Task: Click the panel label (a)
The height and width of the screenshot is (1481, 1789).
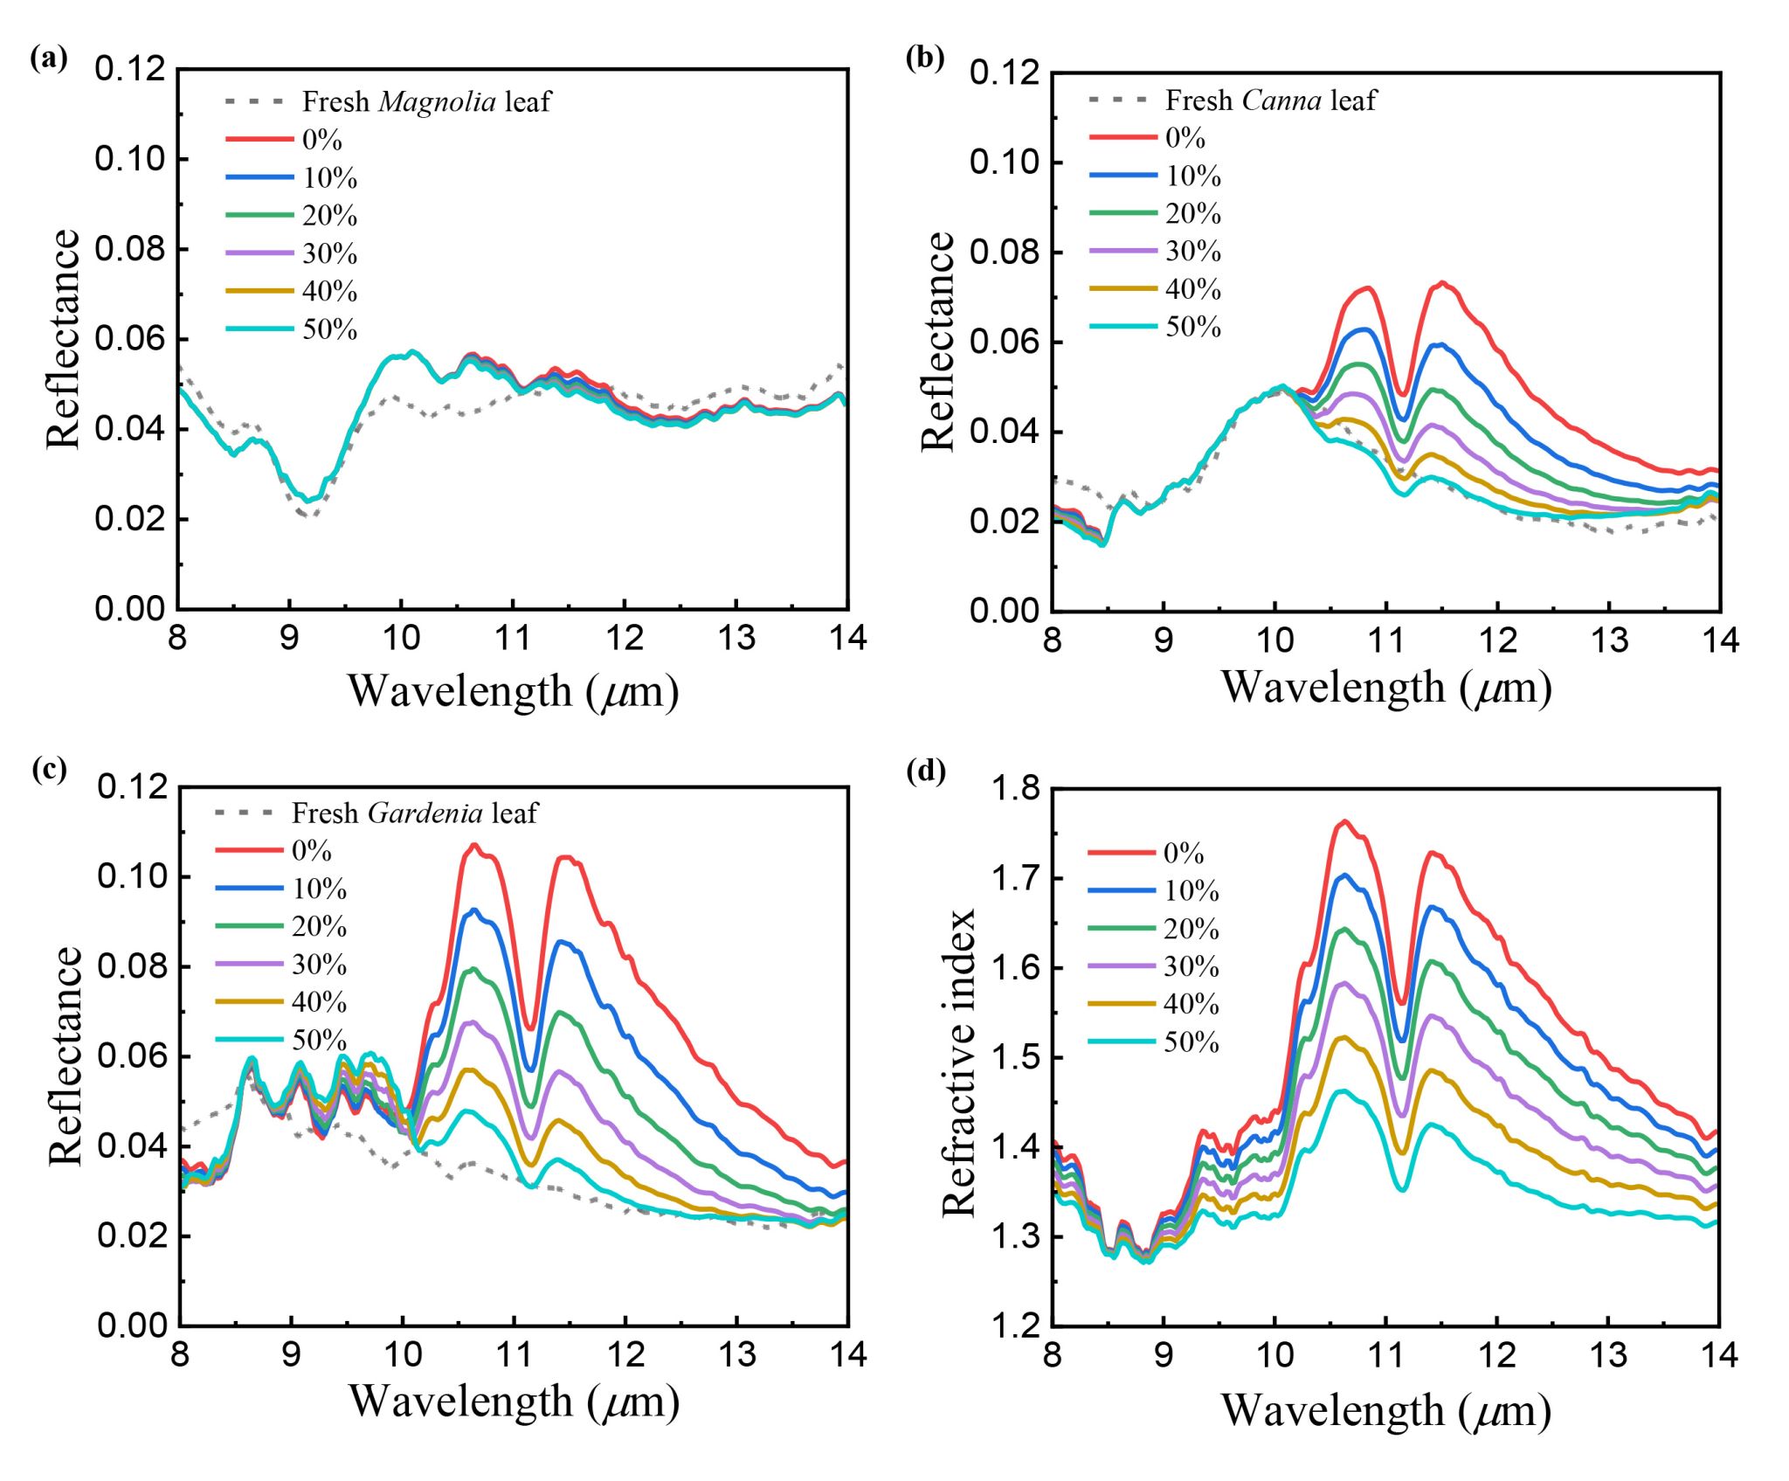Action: tap(48, 59)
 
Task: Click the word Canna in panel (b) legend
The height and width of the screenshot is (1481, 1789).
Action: tap(1281, 100)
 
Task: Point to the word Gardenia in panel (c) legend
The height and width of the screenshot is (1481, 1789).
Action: tap(425, 813)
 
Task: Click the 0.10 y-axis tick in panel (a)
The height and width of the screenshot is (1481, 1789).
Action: tap(129, 159)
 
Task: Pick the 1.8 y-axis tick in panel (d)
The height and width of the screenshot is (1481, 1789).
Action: tap(1015, 788)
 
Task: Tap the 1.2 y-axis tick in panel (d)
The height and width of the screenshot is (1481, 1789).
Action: tap(1015, 1326)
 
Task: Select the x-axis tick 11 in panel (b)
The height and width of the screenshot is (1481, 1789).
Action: tap(1385, 640)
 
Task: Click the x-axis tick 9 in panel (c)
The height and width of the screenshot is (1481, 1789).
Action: tap(291, 1354)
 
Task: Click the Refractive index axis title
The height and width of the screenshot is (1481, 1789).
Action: tap(958, 1062)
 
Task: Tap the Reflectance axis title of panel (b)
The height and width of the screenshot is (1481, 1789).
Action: tap(938, 341)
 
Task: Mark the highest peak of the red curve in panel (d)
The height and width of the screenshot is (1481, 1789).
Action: tap(1345, 821)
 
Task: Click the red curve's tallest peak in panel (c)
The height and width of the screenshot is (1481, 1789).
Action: tap(475, 844)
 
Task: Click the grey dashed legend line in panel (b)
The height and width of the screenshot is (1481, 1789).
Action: tap(1122, 100)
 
